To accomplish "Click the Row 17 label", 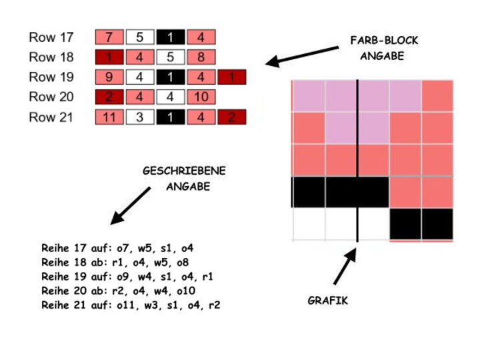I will tap(51, 37).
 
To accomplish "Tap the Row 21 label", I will tap(51, 117).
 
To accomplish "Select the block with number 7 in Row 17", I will tap(110, 37).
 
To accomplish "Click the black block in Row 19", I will tap(171, 77).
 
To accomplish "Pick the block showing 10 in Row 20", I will tap(201, 97).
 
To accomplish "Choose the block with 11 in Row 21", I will tap(110, 117).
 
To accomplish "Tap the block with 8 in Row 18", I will tap(201, 57).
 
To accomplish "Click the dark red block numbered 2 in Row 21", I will tap(232, 117).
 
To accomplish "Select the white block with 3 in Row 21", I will tap(140, 117).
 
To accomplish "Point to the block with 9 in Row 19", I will tap(110, 77).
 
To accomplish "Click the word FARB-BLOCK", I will tap(384, 41).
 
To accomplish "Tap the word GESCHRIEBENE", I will tap(184, 171).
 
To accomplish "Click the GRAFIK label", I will tap(327, 301).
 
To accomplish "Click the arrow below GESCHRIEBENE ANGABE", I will tap(131, 205).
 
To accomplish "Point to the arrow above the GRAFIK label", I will tap(343, 269).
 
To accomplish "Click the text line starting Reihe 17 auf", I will tap(117, 248).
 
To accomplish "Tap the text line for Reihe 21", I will tap(130, 305).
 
